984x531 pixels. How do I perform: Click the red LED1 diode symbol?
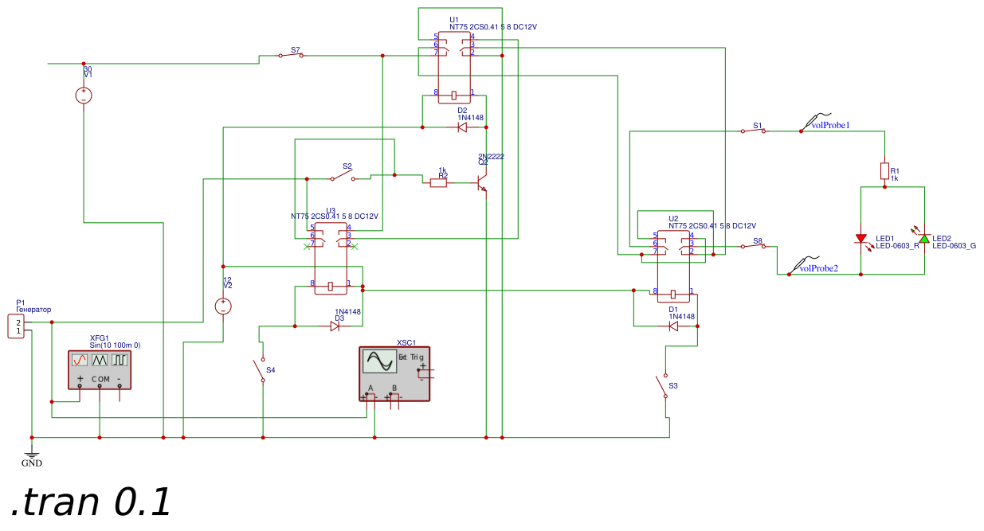[861, 239]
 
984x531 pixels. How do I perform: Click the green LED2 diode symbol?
[924, 239]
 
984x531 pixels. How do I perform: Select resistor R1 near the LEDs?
[884, 171]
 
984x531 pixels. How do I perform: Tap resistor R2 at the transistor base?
[438, 182]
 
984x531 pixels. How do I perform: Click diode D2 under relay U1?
[462, 127]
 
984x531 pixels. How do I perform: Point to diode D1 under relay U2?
[673, 326]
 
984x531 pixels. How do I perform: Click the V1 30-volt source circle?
[84, 96]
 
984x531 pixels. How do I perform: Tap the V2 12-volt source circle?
[224, 306]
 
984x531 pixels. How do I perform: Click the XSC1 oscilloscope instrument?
[394, 373]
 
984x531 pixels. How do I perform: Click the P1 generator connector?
[17, 326]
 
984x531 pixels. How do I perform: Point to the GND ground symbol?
[32, 455]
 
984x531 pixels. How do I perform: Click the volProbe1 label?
[830, 125]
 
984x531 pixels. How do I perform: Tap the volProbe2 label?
[818, 268]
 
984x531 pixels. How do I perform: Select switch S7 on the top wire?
[291, 55]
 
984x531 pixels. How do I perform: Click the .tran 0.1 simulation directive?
[92, 502]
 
